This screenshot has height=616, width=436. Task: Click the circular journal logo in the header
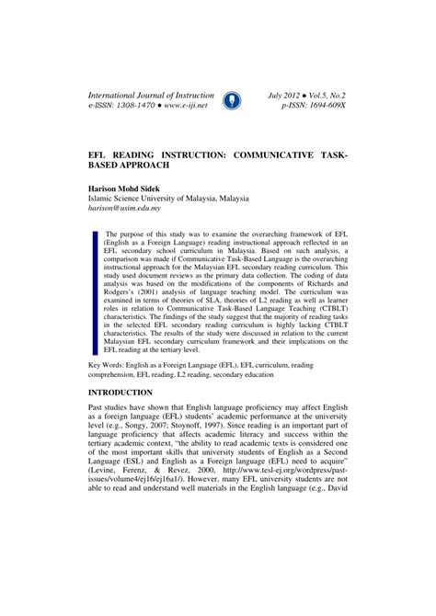(232, 99)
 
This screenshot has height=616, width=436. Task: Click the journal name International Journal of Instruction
(151, 94)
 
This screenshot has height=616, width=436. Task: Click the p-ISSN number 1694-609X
(323, 107)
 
